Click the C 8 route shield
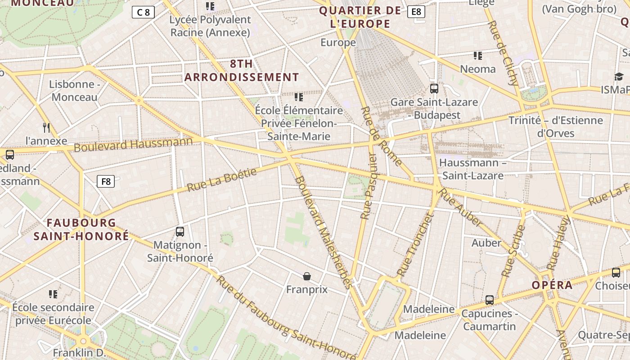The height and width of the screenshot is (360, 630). [143, 12]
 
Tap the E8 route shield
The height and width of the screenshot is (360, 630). [416, 12]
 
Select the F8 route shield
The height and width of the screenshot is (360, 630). [106, 181]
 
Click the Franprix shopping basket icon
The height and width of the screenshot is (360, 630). [307, 276]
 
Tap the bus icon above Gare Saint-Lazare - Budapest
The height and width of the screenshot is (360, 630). [434, 89]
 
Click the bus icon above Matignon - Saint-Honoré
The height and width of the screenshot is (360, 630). [180, 232]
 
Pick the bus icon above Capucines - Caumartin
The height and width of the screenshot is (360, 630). [490, 300]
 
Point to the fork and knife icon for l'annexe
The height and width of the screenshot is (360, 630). [46, 127]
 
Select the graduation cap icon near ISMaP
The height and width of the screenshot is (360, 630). [619, 76]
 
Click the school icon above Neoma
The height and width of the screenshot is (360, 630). [478, 56]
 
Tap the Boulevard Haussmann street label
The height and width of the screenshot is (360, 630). [133, 144]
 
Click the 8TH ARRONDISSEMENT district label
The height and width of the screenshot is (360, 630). [242, 71]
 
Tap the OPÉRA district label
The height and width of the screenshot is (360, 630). [552, 285]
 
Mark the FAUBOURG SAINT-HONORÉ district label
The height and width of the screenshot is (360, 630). [81, 229]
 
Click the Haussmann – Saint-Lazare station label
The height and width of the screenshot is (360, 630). [472, 169]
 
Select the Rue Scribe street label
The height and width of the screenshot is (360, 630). [513, 251]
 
